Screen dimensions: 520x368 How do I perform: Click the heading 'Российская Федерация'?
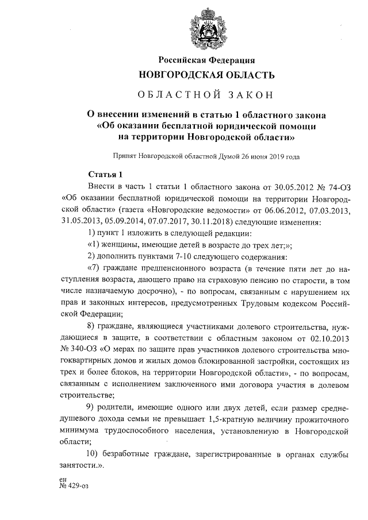pyautogui.click(x=206, y=60)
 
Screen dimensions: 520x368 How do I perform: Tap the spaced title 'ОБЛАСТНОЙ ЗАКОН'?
pyautogui.click(x=206, y=94)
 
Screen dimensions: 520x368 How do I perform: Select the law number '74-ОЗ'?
pyautogui.click(x=337, y=187)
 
